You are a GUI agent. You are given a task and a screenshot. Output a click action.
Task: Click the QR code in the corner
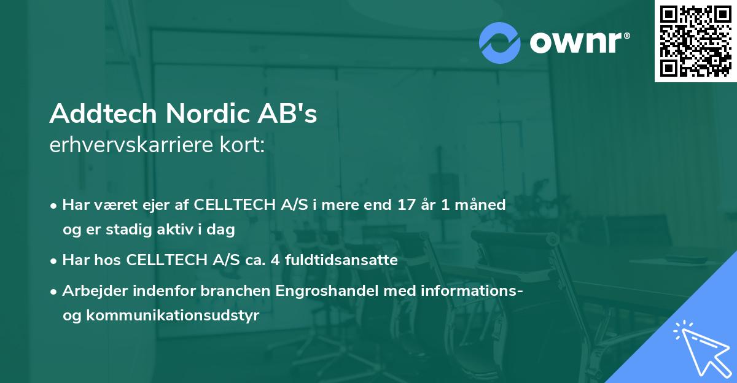(695, 41)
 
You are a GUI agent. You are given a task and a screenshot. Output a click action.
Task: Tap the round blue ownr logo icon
(500, 42)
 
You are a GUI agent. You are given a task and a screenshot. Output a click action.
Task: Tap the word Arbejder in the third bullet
(91, 291)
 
